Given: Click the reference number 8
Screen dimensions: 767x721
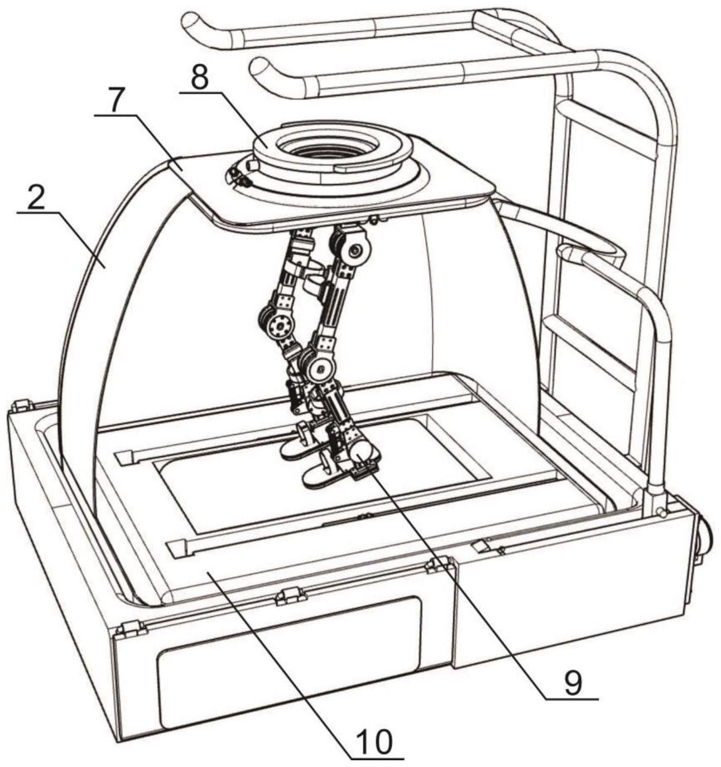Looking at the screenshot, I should click(x=200, y=79).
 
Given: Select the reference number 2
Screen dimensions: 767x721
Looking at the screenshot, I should click(x=36, y=199).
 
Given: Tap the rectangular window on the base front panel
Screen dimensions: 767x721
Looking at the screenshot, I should click(x=290, y=661).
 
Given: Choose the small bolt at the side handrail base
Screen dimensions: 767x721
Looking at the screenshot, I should click(x=661, y=512).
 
